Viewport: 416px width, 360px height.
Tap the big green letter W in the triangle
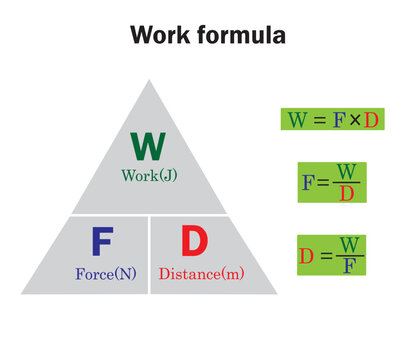[x=148, y=146]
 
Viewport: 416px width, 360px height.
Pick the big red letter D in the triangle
[x=194, y=242]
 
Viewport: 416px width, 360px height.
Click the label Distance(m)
[x=201, y=272]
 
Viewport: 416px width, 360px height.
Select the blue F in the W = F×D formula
[x=339, y=120]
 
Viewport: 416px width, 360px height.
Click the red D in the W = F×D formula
[x=371, y=120]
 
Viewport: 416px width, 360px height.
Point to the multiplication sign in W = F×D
[x=355, y=121]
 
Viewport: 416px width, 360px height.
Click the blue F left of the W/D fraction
[x=307, y=183]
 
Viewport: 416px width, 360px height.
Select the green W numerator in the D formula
[x=347, y=245]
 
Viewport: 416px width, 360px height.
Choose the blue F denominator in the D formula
[x=347, y=266]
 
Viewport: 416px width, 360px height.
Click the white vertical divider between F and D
[x=149, y=254]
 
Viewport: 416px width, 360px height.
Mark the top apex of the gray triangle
[x=148, y=81]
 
